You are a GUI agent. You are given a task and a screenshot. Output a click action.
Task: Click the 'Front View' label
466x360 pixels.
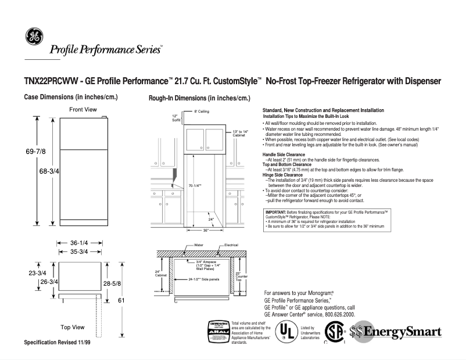pyautogui.click(x=83, y=109)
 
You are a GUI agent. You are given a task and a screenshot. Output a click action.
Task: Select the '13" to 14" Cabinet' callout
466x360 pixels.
pyautogui.click(x=239, y=134)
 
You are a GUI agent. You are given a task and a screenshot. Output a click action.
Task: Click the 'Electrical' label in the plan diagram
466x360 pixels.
pyautogui.click(x=231, y=246)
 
